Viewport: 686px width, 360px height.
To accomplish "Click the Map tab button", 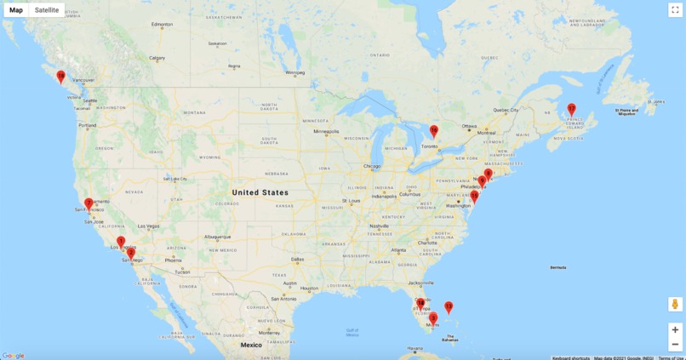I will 16,10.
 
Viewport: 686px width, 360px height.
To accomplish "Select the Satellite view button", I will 47,10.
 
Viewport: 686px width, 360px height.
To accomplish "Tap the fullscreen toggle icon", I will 675,10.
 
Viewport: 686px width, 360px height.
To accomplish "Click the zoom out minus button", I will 675,344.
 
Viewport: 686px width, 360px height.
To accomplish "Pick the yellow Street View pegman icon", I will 675,304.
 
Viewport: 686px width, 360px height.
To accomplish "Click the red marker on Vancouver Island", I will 60,77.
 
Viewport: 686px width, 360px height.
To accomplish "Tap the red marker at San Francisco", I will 89,203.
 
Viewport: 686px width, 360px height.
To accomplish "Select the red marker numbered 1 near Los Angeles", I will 121,242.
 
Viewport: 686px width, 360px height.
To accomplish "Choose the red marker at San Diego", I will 130,253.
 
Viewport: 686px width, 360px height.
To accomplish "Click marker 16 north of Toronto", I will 433,131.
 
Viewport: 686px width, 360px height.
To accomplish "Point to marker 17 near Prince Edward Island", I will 571,109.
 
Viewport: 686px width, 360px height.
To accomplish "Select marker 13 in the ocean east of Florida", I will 449,306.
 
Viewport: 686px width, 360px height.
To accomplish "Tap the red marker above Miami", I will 432,317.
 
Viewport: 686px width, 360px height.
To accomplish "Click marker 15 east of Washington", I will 474,196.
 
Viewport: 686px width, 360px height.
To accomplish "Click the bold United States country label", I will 260,192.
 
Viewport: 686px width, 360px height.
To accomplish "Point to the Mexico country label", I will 250,345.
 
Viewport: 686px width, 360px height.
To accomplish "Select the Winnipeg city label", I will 294,72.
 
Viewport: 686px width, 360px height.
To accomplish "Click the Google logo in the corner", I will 14,356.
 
